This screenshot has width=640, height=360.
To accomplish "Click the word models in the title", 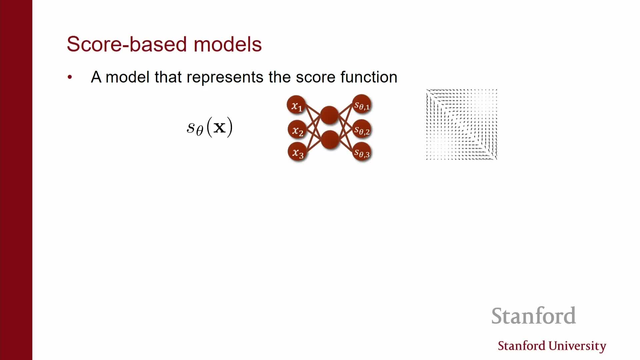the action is click(228, 44).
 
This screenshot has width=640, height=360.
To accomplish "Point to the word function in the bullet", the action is click(369, 77).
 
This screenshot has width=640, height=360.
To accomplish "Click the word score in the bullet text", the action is click(315, 78).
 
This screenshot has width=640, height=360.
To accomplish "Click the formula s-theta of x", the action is click(210, 127).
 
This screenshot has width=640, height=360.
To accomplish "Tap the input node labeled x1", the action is click(296, 105).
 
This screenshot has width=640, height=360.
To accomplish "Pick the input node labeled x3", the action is click(297, 152).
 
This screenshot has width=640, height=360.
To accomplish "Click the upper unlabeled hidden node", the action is click(329, 115).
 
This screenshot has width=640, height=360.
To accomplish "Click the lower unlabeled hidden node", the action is click(330, 140).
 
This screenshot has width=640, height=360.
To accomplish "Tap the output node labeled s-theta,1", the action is click(362, 105).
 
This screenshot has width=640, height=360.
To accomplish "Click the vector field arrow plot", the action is click(462, 124).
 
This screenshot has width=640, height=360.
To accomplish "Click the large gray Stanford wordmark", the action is click(534, 316).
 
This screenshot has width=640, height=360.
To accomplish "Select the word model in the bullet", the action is click(127, 77).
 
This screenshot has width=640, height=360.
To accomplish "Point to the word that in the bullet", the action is click(168, 77).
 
